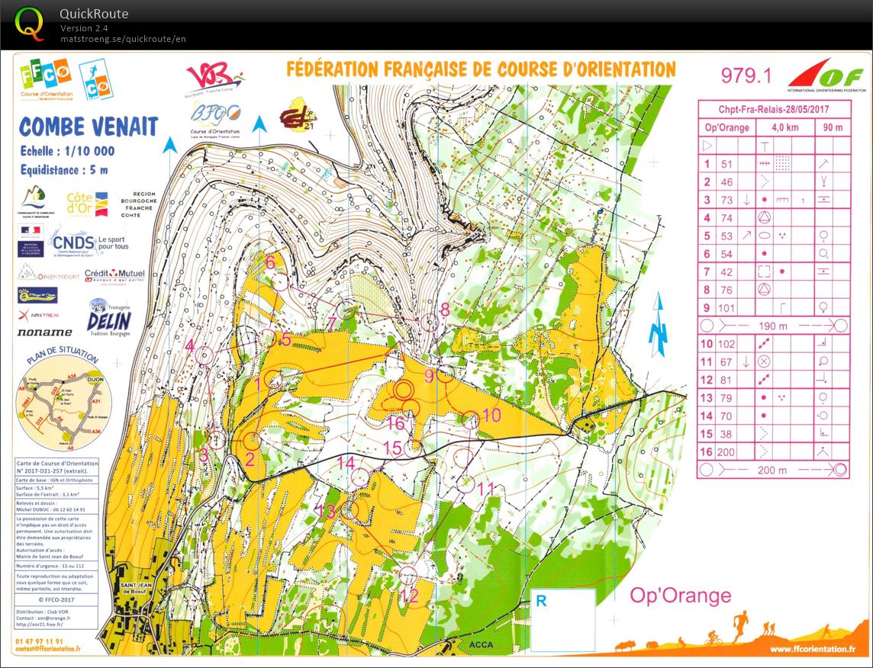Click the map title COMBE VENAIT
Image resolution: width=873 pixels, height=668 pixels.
(x=89, y=127)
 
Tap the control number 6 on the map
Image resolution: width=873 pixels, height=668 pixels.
(x=270, y=262)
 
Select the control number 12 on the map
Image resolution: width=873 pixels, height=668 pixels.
(x=411, y=596)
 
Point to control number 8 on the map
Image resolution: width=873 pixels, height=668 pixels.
(x=445, y=309)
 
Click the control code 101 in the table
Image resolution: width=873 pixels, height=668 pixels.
(x=727, y=308)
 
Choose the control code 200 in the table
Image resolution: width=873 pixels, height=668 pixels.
(x=727, y=452)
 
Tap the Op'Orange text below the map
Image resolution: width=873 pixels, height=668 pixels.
(x=680, y=596)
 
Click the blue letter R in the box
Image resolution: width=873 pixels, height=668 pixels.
(x=541, y=601)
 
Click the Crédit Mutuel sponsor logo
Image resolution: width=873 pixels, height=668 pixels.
(x=114, y=276)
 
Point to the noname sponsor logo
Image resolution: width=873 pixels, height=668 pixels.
(x=44, y=332)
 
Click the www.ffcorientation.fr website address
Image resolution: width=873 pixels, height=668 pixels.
(x=809, y=649)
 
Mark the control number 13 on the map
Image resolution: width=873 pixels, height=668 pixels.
(x=326, y=512)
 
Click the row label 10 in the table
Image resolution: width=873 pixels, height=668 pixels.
(x=707, y=344)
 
